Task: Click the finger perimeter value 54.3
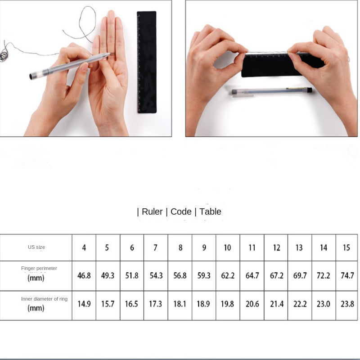(x=156, y=275)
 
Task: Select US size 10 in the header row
(x=227, y=247)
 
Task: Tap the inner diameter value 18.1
(x=180, y=304)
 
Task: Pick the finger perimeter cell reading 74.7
(x=347, y=275)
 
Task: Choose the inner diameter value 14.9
(x=84, y=304)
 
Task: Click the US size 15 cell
(x=346, y=247)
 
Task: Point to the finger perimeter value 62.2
(x=228, y=275)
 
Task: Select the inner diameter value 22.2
(x=300, y=304)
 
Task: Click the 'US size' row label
(x=36, y=247)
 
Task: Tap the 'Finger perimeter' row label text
(x=39, y=268)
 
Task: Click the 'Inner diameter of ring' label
(x=44, y=299)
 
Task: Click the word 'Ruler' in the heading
(x=152, y=211)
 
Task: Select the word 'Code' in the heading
(x=181, y=211)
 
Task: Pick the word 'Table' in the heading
(x=210, y=211)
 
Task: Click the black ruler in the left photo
(x=147, y=62)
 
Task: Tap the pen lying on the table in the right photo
(x=271, y=91)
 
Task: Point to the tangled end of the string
(x=4, y=55)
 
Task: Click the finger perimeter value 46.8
(x=84, y=275)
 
